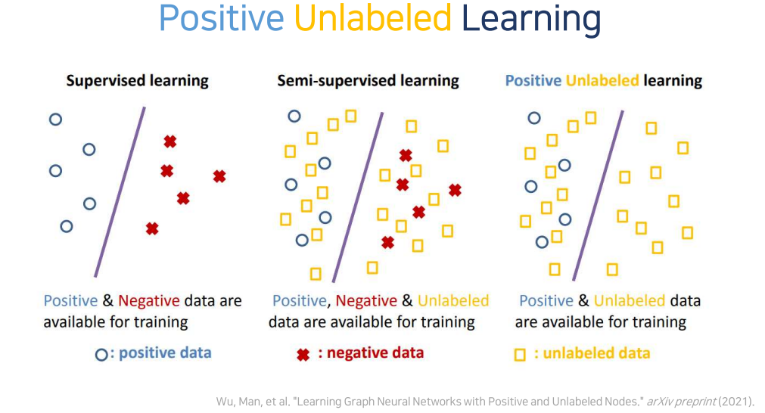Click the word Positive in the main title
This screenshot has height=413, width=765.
pyautogui.click(x=222, y=20)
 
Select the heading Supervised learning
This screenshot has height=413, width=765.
pyautogui.click(x=137, y=80)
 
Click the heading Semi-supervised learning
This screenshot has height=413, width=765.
pyautogui.click(x=368, y=80)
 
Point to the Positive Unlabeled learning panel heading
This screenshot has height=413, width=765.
pyautogui.click(x=603, y=80)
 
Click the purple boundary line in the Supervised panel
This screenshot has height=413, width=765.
pyautogui.click(x=120, y=191)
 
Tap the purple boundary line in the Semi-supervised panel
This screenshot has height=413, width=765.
pyautogui.click(x=356, y=197)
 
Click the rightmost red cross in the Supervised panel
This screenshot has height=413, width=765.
pyautogui.click(x=219, y=176)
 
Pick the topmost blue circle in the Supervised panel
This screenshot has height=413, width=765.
pyautogui.click(x=55, y=119)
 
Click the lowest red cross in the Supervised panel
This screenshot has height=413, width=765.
pyautogui.click(x=152, y=228)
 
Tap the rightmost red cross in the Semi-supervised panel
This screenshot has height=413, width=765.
pyautogui.click(x=455, y=190)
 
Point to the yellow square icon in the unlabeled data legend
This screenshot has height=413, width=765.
pyautogui.click(x=520, y=354)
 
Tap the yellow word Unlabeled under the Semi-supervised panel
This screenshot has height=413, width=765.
pyautogui.click(x=452, y=301)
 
